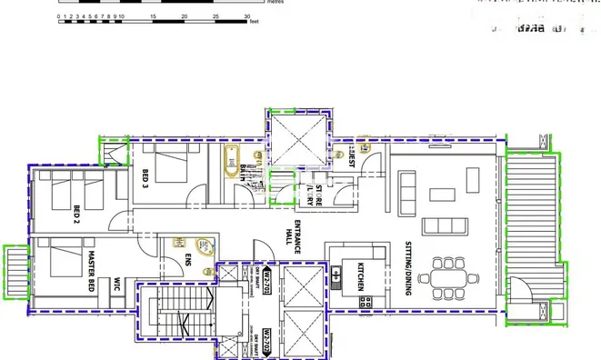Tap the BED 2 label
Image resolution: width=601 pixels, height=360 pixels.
tap(77, 215)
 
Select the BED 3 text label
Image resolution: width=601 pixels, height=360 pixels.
tap(145, 180)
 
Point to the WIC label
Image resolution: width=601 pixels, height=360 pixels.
tap(117, 285)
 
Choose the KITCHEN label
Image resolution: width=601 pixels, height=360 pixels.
tap(361, 278)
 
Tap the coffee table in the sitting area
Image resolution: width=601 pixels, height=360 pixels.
tap(443, 194)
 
